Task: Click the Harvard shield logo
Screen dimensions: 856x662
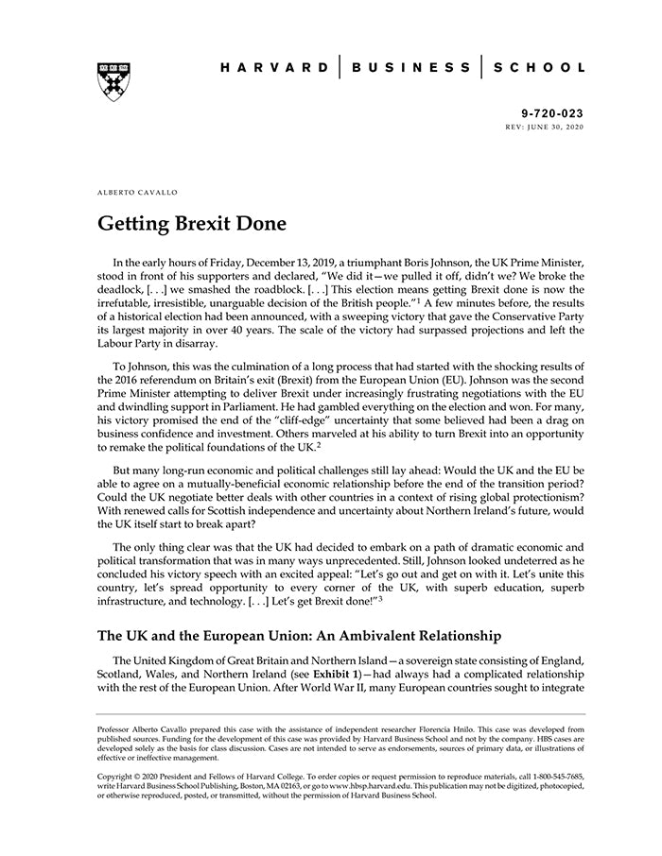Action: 113,82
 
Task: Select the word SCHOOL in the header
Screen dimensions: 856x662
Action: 541,68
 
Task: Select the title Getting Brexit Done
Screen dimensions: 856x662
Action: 185,226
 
